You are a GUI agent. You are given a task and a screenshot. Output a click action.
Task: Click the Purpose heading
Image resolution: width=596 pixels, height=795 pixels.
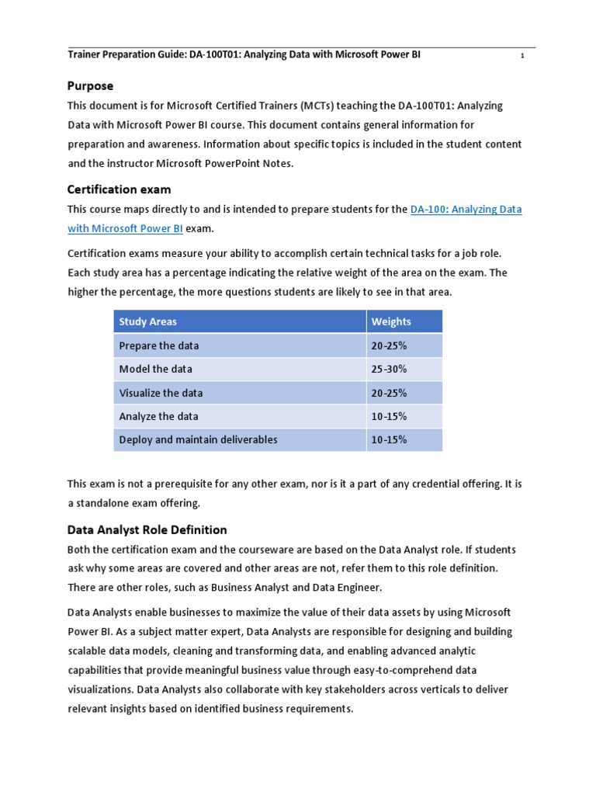(x=90, y=86)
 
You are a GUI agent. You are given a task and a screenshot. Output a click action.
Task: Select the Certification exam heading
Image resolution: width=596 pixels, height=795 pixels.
(x=119, y=189)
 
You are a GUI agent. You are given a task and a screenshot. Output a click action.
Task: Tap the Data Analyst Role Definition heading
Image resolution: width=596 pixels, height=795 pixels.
(x=147, y=529)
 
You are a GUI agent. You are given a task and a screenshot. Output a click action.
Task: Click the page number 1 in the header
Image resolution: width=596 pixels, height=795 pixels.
(x=522, y=56)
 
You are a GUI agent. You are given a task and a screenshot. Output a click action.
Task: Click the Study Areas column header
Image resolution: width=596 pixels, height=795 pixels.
(x=147, y=321)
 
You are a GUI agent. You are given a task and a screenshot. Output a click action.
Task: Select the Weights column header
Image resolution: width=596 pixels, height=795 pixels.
(x=391, y=321)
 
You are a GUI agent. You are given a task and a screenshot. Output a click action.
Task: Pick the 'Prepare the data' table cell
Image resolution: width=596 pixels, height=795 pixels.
(x=159, y=345)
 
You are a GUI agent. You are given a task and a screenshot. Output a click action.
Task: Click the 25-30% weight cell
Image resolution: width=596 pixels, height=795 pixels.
(x=390, y=369)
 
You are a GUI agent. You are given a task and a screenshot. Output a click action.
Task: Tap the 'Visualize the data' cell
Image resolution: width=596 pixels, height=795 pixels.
(x=161, y=393)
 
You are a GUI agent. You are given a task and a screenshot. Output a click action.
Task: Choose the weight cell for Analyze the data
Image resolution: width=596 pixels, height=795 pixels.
(x=390, y=416)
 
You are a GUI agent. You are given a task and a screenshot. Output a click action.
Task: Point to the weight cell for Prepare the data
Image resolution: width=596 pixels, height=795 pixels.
(x=390, y=345)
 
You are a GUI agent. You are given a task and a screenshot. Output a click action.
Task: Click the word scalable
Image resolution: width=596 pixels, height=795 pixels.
(x=89, y=651)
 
